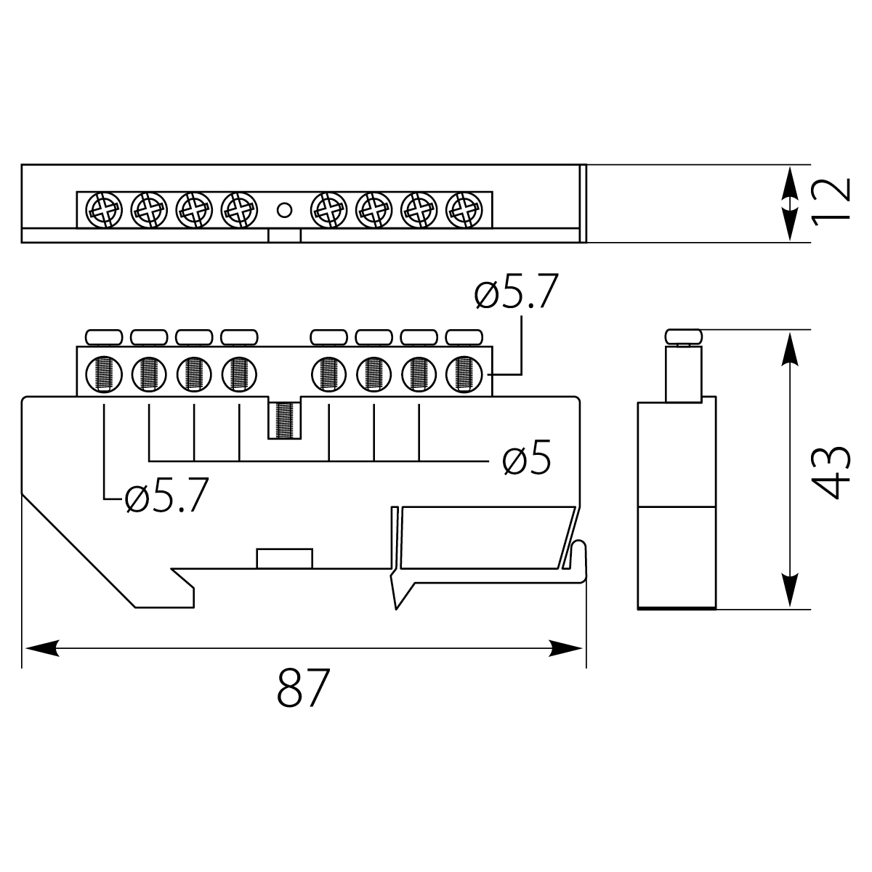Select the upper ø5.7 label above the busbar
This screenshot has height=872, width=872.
click(515, 295)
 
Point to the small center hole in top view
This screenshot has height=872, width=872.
click(285, 210)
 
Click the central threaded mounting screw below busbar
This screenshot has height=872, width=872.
click(284, 419)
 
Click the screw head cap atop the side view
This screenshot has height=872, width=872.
click(684, 336)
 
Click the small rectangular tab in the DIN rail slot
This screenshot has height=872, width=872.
click(284, 558)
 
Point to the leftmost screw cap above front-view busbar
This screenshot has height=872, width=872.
click(104, 336)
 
